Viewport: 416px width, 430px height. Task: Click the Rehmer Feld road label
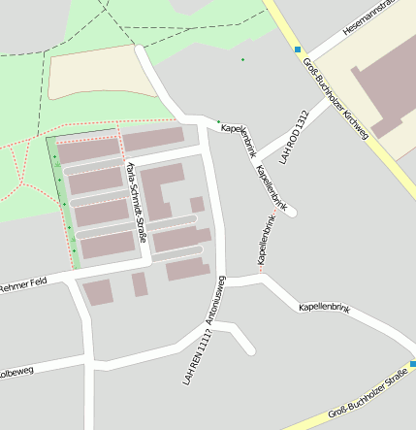(22, 285)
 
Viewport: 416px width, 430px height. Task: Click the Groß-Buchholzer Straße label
(367, 396)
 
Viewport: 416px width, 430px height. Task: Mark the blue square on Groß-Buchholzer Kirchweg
(299, 50)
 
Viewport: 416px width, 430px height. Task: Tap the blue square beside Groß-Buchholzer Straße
(411, 364)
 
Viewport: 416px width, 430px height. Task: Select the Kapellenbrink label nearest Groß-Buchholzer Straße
(324, 306)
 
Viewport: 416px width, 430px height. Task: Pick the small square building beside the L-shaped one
(197, 204)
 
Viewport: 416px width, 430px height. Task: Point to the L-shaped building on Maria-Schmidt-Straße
(161, 189)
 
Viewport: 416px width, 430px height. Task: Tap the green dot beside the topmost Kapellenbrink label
(218, 121)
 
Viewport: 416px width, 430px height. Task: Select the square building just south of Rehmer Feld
(98, 291)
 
